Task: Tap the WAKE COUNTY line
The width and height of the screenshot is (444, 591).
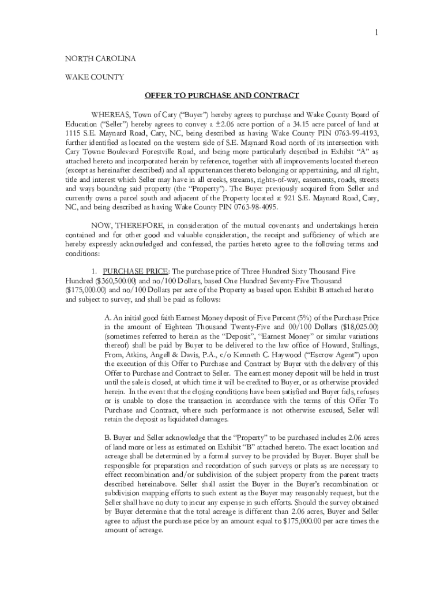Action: (94, 77)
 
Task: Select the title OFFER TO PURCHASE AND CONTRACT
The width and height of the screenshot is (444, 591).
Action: (221, 95)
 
